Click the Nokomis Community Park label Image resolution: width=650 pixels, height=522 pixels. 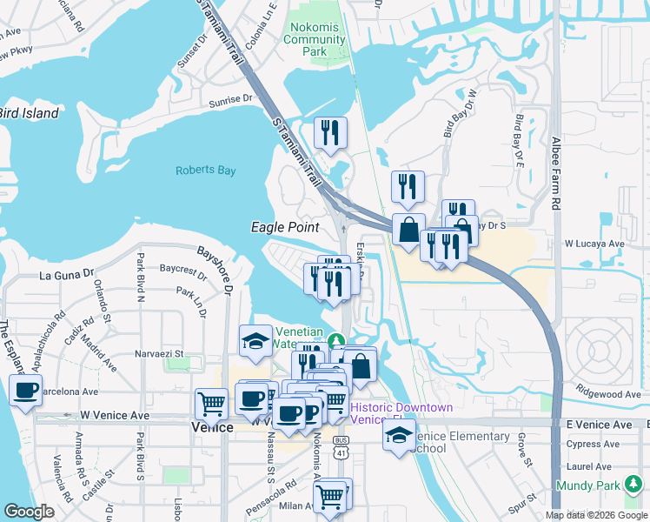click(314, 39)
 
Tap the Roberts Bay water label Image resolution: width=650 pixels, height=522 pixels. click(205, 171)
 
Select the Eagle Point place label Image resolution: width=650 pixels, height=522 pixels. click(284, 227)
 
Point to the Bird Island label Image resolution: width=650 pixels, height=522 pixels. click(29, 113)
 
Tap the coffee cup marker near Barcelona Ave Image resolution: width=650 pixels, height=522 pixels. click(25, 390)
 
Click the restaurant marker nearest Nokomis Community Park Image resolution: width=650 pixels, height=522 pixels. click(330, 133)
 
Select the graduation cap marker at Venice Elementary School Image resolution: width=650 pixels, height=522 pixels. click(399, 433)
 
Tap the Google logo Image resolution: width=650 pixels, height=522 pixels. click(29, 512)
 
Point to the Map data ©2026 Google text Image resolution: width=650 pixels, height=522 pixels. click(596, 515)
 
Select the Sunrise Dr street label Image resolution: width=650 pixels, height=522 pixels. click(229, 103)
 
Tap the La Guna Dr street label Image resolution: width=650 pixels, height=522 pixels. click(66, 275)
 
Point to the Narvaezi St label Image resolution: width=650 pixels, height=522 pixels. click(159, 354)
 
